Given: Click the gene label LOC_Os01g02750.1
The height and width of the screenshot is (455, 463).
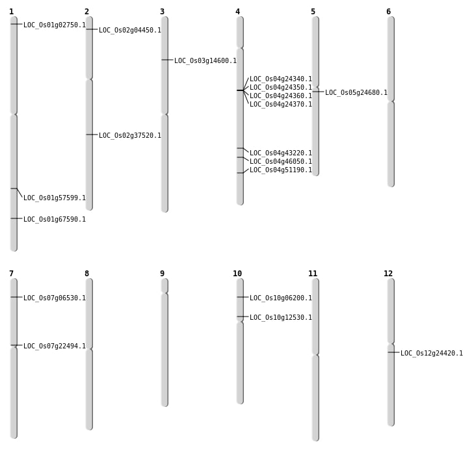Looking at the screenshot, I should point(55,25).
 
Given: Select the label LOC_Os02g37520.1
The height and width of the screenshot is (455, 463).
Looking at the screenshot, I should point(130,136).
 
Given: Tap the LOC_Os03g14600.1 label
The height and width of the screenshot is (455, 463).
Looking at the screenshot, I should point(205,61).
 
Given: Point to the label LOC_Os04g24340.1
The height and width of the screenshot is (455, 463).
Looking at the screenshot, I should point(281,79).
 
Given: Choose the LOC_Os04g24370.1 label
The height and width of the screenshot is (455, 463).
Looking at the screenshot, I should point(281,105).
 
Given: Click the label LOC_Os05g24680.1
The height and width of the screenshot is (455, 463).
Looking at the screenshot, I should point(356,93).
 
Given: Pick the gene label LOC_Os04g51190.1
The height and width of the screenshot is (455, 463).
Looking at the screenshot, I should point(281,170).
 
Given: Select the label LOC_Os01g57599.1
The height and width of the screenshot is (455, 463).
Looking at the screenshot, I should point(55,198).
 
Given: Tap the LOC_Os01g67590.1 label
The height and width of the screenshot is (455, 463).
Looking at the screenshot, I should point(55,220).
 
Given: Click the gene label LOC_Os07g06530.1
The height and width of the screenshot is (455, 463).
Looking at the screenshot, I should point(55,298).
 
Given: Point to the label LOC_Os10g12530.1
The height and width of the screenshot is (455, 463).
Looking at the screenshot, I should point(281,318).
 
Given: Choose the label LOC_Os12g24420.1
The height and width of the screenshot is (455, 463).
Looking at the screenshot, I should point(432,354).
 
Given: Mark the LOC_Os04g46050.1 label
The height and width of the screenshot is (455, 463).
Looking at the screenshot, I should point(281,162).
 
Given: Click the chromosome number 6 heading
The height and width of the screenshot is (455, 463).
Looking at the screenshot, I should point(388,12).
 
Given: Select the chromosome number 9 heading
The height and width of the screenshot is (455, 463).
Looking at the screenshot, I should point(162,274).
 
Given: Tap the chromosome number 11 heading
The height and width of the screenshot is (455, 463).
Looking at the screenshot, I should point(313,274).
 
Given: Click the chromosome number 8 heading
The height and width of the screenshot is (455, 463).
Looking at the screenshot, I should point(86,274).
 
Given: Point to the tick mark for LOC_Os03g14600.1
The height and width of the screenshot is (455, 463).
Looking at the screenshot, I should point(167,60).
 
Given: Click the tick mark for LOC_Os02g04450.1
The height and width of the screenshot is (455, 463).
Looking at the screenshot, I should point(92,29).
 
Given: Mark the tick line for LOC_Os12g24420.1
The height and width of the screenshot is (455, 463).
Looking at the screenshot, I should point(393,352).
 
